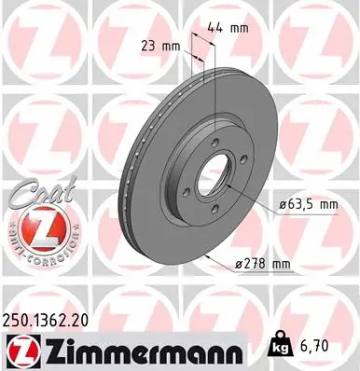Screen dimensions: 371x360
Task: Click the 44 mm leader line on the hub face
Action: (x=216, y=103)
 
